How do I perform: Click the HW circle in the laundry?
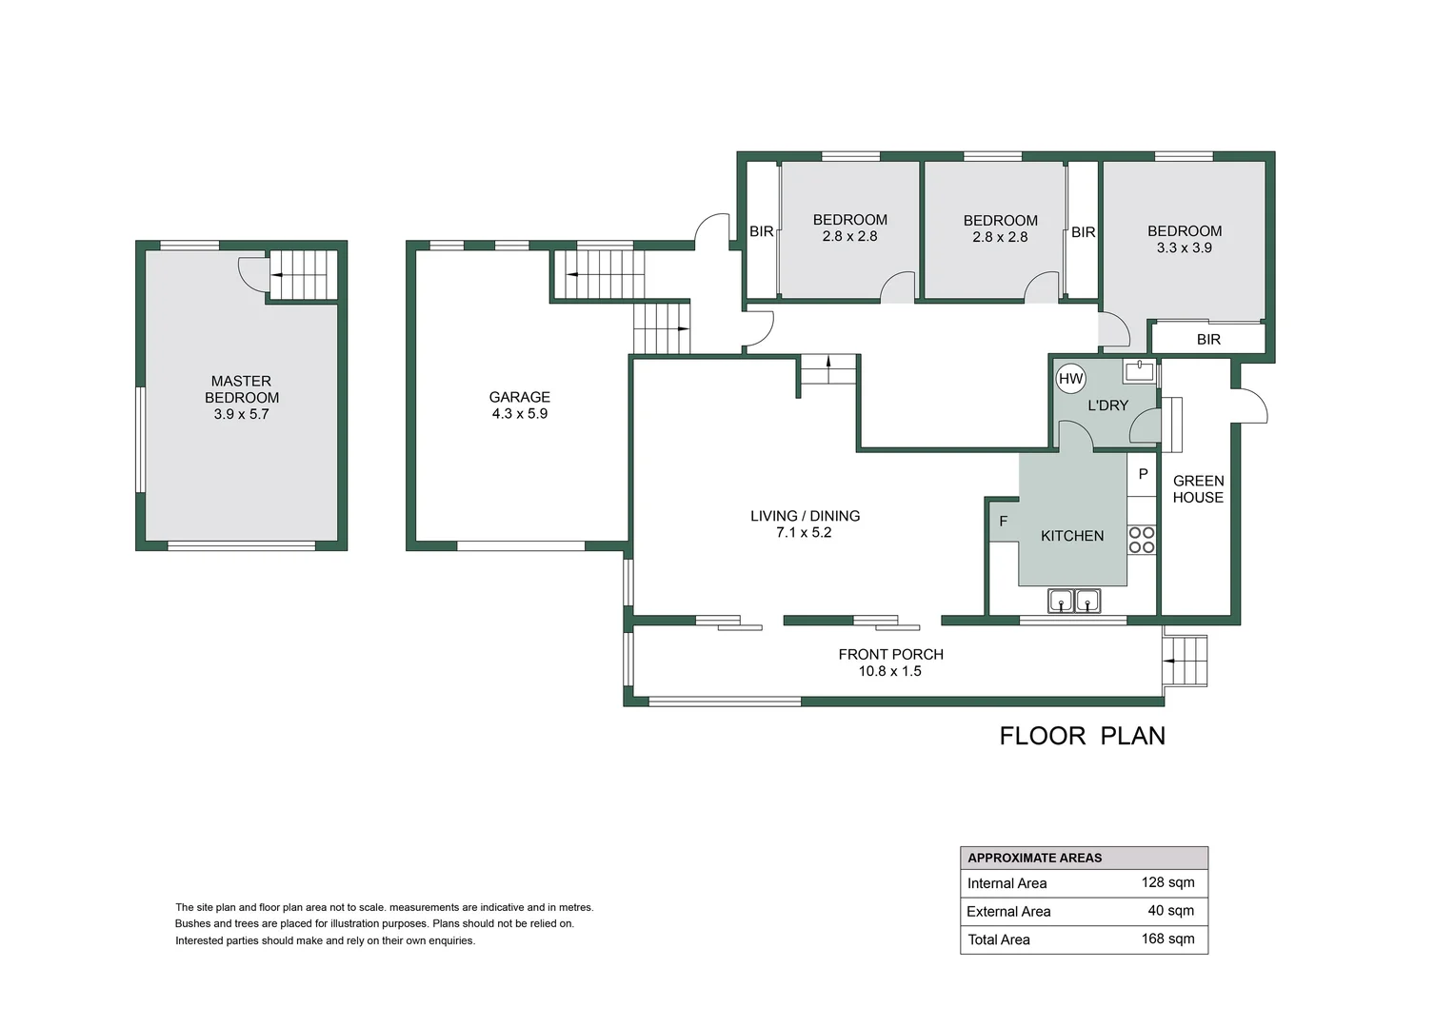pos(1071,379)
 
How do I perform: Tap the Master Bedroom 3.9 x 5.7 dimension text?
pos(241,415)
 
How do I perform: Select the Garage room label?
pos(519,397)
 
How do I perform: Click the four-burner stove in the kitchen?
pos(1142,540)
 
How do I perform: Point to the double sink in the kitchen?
pos(1074,601)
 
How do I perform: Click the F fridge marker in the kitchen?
pos(1003,522)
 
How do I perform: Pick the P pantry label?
pos(1143,474)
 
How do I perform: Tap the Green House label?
pos(1198,489)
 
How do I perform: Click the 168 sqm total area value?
pos(1167,939)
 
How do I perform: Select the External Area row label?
pos(1008,912)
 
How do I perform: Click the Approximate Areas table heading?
pos(1034,858)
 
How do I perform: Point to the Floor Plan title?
pos(1082,736)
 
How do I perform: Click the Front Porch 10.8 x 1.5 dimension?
pos(889,671)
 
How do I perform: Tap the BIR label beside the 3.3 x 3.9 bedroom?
pos(1208,340)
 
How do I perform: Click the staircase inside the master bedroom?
pos(301,274)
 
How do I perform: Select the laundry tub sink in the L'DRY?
pos(1139,370)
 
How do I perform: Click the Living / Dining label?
pos(805,516)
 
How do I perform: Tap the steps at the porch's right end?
pos(1186,661)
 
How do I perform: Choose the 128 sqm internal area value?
pos(1167,882)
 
